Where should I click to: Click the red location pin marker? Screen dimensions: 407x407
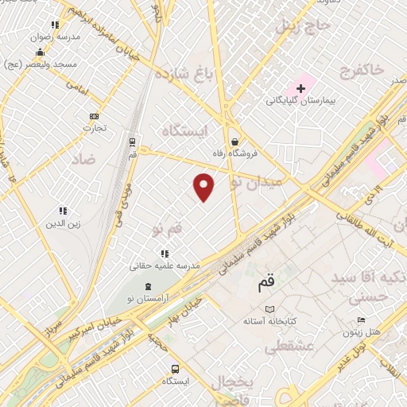point(204,186)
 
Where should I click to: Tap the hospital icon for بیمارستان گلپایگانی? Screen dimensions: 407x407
point(300,87)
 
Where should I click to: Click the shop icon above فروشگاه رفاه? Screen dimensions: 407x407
point(237,139)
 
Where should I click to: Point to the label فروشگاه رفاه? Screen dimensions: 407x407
point(237,153)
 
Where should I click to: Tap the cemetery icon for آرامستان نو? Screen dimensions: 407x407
point(141,285)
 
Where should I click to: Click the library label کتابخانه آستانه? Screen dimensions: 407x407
point(269,323)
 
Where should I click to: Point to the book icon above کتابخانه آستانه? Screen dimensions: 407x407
point(269,309)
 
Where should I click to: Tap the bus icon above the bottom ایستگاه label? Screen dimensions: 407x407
point(175,369)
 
